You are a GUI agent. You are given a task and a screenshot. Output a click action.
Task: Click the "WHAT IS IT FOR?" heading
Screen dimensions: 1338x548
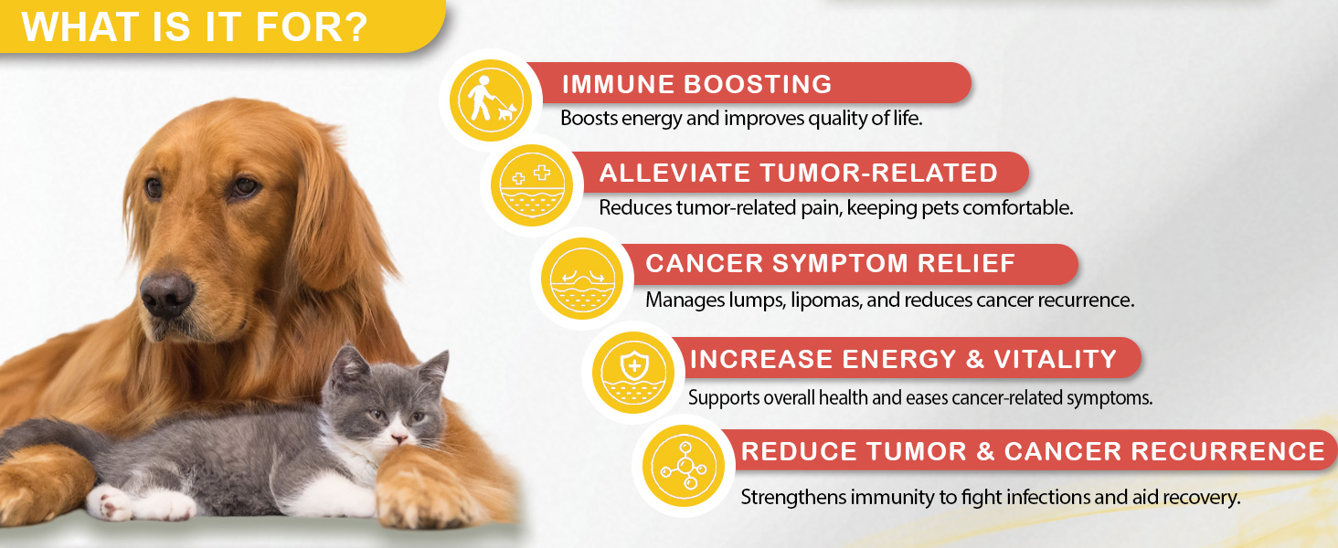[x=194, y=26]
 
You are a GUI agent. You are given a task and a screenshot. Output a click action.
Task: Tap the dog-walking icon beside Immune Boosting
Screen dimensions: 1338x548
[x=491, y=100]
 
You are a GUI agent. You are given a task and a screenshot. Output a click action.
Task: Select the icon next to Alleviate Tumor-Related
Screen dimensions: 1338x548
[x=532, y=185]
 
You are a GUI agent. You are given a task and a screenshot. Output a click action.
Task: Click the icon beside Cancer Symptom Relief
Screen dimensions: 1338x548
[x=582, y=279]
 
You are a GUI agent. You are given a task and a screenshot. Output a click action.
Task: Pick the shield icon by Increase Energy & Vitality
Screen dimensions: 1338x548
[x=633, y=373]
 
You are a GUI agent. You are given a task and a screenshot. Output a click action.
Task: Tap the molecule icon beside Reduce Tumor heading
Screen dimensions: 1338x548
[x=684, y=466]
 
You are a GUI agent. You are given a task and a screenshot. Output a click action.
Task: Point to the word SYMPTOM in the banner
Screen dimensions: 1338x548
[x=841, y=263]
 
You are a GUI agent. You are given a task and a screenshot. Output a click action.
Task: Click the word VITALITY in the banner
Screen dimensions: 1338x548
[x=1056, y=359]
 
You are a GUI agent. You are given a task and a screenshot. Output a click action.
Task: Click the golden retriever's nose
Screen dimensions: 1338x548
[x=166, y=295]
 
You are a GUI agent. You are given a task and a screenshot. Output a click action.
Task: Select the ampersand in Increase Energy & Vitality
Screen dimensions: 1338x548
[x=974, y=359]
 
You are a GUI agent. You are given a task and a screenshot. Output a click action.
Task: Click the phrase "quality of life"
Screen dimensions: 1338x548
[x=865, y=118]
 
